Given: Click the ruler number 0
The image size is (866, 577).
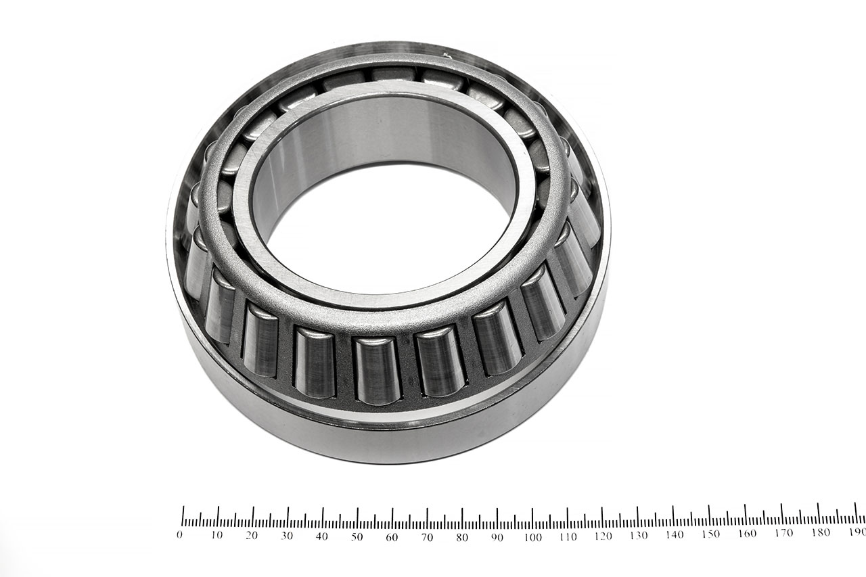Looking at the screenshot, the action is tap(179, 535).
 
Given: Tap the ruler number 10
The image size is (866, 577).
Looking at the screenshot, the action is tap(216, 535).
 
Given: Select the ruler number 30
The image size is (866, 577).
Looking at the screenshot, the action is tap(286, 536).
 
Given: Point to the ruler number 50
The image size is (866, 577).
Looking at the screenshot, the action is tap(357, 537).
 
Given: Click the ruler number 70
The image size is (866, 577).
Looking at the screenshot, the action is tap(427, 537).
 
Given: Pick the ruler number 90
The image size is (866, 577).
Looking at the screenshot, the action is tap(497, 537).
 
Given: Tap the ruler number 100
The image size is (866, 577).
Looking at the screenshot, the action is tap(532, 537).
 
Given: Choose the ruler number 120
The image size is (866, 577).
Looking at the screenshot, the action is tap(603, 536).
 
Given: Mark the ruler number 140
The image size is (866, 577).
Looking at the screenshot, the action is tap(675, 535).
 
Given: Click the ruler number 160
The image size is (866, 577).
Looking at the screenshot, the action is tap(747, 534).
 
